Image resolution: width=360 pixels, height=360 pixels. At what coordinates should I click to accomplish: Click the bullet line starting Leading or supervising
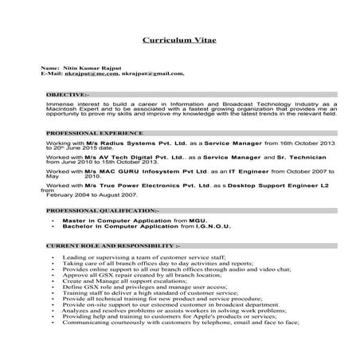point(143,259)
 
